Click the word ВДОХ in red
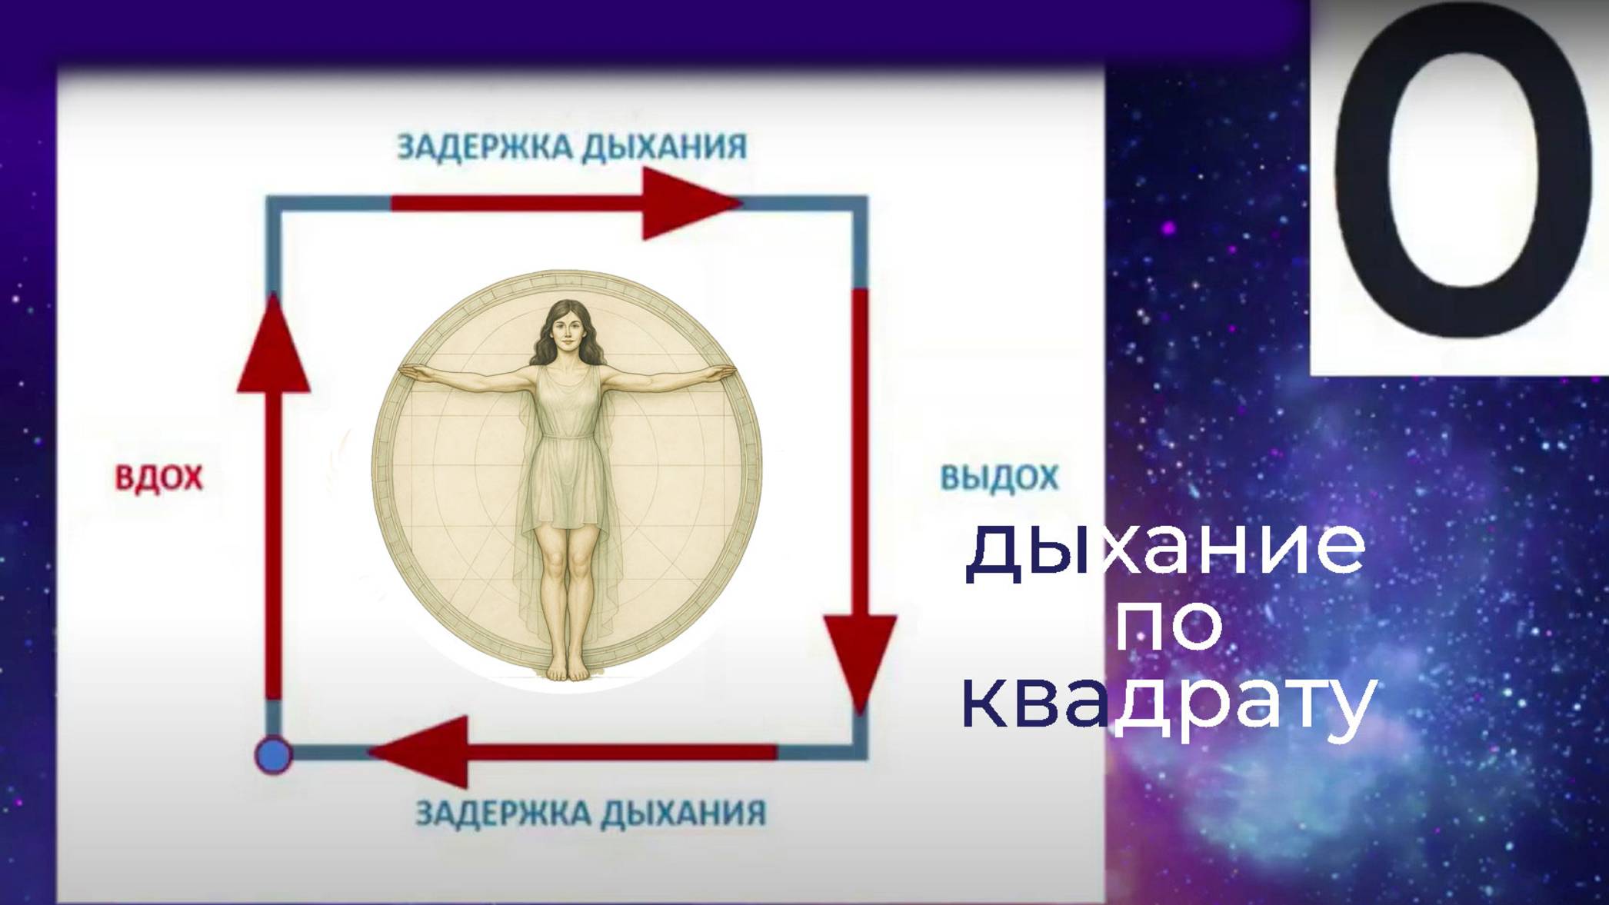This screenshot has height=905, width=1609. pyautogui.click(x=158, y=477)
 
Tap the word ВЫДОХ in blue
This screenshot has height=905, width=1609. pyautogui.click(x=999, y=477)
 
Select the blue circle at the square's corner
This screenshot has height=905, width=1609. pyautogui.click(x=274, y=754)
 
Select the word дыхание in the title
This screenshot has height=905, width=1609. pyautogui.click(x=1165, y=550)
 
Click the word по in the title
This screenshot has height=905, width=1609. pyautogui.click(x=1168, y=627)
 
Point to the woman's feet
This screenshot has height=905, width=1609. pyautogui.click(x=568, y=670)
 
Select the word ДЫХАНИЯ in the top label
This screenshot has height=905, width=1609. pyautogui.click(x=663, y=146)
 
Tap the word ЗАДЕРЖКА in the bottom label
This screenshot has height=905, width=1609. pyautogui.click(x=505, y=813)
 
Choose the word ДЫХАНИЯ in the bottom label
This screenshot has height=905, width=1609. pyautogui.click(x=683, y=813)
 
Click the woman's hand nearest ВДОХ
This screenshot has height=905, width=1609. pyautogui.click(x=411, y=371)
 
